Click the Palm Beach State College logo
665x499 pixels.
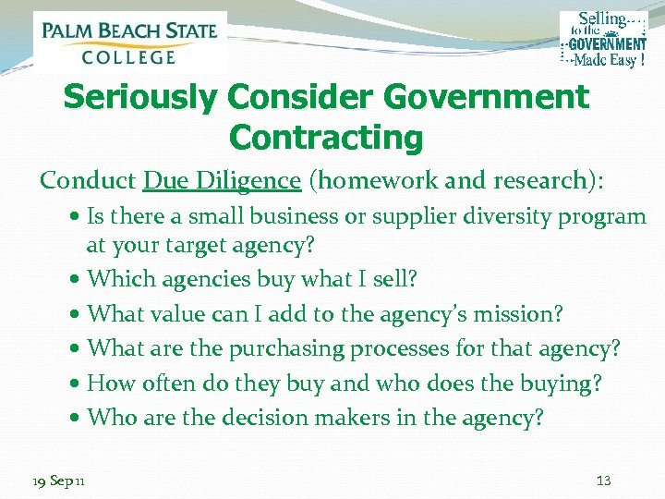point(129,42)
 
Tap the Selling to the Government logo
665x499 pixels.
point(603,39)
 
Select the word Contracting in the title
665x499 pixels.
point(325,138)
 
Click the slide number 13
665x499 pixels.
point(605,481)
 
